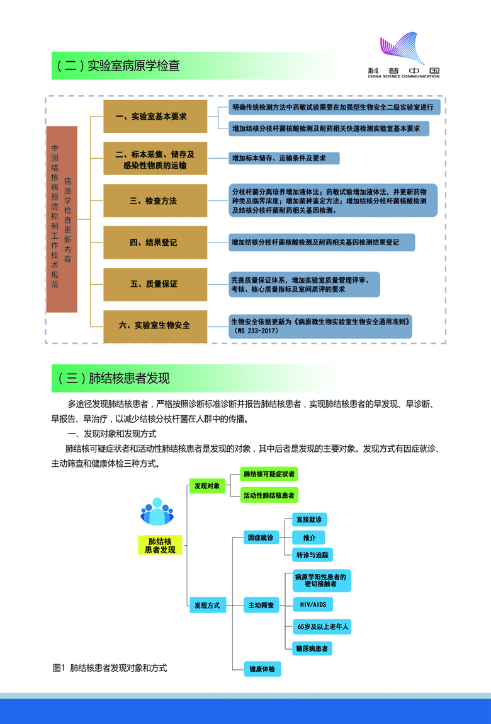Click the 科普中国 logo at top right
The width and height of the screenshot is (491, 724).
404,55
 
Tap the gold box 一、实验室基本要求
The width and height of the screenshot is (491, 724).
155,117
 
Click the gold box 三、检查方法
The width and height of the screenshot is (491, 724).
155,201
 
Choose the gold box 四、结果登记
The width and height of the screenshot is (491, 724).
155,243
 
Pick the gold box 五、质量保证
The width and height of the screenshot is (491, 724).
155,284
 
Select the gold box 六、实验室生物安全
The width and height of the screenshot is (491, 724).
155,326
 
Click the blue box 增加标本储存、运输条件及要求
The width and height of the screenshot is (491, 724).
284,158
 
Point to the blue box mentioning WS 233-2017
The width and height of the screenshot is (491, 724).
320,325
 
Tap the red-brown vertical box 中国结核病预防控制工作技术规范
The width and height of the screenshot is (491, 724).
62,219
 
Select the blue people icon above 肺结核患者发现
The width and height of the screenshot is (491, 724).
156,512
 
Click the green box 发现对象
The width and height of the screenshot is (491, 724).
207,486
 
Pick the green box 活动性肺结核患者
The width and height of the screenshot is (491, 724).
269,495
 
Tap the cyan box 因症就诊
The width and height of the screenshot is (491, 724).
261,537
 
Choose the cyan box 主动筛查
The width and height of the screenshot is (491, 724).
261,606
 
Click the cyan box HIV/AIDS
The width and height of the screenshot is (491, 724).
313,604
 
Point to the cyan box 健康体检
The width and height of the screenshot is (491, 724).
262,669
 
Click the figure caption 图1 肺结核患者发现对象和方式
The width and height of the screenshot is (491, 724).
110,667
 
